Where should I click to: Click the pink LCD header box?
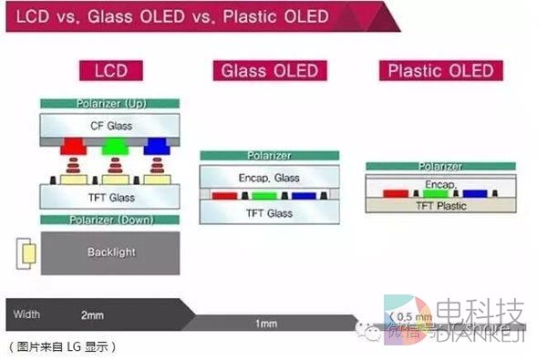(x=109, y=70)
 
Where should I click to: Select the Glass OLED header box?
(x=267, y=71)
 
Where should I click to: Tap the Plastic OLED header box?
(x=441, y=71)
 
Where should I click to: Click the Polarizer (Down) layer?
(x=109, y=220)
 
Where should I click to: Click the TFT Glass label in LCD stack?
(x=109, y=196)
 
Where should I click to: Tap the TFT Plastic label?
(x=439, y=206)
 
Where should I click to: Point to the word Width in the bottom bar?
(x=26, y=314)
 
